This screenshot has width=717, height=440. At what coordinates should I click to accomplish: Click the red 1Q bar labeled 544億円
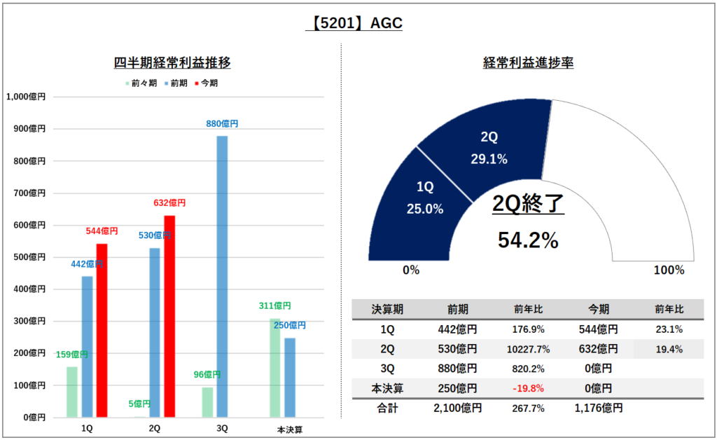tap(102, 331)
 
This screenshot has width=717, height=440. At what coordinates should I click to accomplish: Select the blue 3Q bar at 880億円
tap(222, 277)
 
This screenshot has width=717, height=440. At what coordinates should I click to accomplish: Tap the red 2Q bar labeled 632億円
tap(169, 317)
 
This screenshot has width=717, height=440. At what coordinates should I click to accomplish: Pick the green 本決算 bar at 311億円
tap(274, 369)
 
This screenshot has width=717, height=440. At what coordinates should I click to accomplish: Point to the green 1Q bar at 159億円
tap(72, 392)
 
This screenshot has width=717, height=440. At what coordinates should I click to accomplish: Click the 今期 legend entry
tap(207, 83)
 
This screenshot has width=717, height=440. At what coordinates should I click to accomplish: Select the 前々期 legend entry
tap(141, 83)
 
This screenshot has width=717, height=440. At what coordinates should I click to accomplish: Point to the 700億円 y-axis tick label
tap(29, 193)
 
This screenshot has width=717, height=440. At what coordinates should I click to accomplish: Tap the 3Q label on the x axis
tap(222, 429)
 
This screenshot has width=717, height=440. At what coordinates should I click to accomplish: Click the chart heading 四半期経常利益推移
tap(172, 62)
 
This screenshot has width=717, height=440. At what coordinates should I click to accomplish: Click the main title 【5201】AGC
tap(354, 23)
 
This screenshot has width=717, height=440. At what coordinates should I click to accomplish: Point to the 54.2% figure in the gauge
tap(528, 240)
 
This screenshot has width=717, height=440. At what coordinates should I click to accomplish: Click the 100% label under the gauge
tap(669, 270)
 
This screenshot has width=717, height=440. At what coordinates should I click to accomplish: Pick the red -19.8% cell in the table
tap(528, 389)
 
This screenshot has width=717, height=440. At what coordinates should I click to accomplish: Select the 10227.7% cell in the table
tap(528, 350)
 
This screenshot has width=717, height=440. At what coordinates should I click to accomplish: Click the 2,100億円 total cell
tap(458, 408)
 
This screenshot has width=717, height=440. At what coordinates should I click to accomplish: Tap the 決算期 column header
tap(387, 310)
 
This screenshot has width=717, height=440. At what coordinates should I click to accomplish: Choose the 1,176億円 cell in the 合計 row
tap(599, 408)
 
